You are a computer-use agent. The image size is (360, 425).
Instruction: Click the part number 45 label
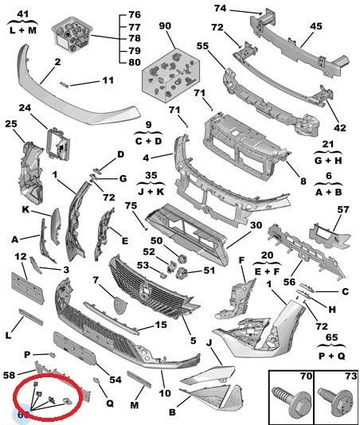click(x=316, y=26)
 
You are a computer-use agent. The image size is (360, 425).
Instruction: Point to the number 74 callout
click(x=220, y=9)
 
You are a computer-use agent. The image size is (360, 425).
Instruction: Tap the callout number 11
click(x=108, y=80)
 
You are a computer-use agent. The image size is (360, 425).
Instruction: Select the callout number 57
click(x=342, y=210)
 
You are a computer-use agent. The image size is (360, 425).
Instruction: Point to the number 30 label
click(x=256, y=225)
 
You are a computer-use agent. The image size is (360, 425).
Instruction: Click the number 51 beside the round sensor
click(x=209, y=271)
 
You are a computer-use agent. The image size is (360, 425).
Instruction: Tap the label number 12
click(x=22, y=255)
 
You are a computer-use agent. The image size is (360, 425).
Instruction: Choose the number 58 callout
click(x=9, y=374)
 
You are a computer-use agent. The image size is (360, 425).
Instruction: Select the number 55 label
click(x=202, y=47)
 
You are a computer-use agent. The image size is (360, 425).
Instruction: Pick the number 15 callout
click(x=161, y=325)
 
